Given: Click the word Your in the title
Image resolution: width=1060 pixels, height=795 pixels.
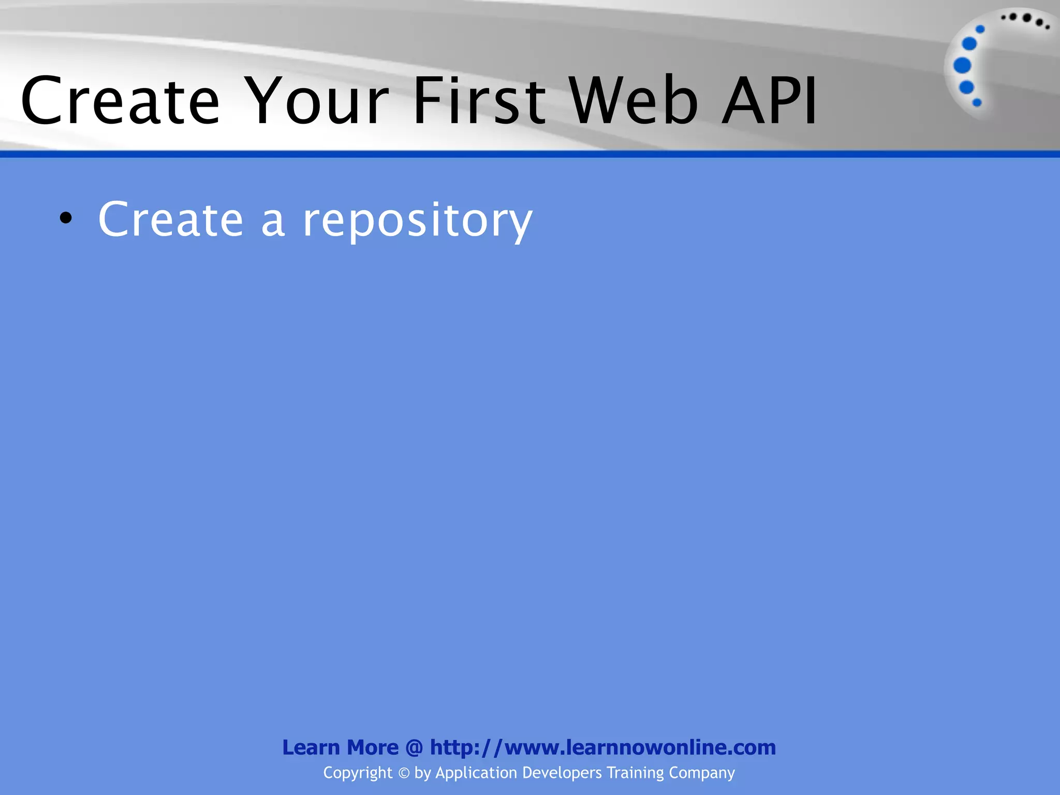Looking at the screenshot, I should (317, 100).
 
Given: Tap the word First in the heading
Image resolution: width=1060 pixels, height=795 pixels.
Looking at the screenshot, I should (479, 100).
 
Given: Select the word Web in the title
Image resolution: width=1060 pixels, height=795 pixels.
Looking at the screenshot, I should (635, 100).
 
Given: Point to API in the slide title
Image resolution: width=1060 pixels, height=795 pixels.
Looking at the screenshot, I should (770, 100).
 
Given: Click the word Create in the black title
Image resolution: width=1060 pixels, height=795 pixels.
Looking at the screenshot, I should (121, 100).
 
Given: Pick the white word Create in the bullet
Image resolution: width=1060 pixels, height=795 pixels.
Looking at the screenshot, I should (171, 220).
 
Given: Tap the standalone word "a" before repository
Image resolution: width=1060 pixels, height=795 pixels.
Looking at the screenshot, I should (273, 223).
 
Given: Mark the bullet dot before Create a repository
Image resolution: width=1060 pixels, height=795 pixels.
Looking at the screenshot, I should (66, 218).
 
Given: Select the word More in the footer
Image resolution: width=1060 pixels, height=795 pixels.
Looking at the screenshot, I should (373, 747).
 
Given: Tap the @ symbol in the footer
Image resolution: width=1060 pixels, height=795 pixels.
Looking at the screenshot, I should (414, 748).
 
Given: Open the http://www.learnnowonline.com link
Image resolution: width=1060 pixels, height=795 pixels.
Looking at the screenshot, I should (603, 747).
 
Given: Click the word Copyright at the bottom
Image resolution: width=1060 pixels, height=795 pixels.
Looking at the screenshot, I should (358, 773).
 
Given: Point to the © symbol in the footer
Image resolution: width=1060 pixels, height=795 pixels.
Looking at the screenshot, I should (404, 773).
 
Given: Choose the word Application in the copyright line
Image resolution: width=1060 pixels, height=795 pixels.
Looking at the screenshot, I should (476, 773).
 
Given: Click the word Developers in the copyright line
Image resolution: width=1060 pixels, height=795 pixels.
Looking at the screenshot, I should (562, 773).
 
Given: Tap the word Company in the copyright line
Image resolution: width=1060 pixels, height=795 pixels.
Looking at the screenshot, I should (702, 773).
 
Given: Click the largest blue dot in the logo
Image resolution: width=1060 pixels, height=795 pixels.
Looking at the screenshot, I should (962, 66).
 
